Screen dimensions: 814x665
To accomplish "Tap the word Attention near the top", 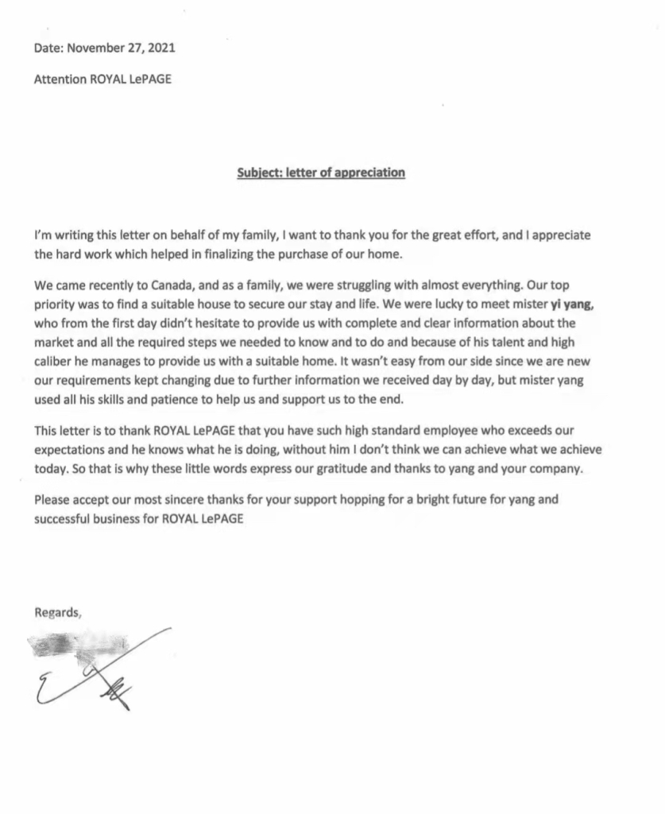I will [60, 79].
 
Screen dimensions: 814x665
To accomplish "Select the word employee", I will [418, 430].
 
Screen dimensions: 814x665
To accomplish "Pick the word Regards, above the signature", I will [58, 612].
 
